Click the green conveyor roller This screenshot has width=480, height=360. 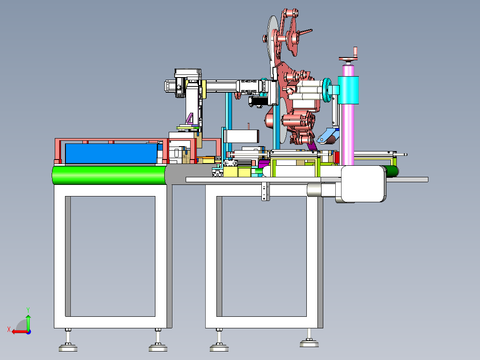pos(109,175)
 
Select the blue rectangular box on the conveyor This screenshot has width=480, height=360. pos(111,154)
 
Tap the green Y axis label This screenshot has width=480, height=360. pos(28,310)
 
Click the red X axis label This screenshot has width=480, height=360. pos(9,330)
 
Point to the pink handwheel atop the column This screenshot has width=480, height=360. pos(348,58)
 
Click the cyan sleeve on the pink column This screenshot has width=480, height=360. pos(348,90)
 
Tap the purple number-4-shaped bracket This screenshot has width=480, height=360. pos(190,119)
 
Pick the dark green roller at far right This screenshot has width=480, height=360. pos(391,172)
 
